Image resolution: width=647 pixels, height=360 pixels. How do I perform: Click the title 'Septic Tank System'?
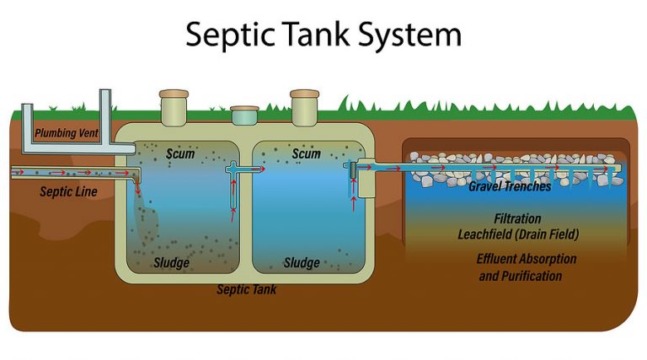(323, 35)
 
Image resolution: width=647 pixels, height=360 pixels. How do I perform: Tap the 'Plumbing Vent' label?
(67, 133)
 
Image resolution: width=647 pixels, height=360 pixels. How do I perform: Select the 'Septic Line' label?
(68, 192)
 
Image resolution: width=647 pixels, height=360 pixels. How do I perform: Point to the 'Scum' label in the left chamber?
(180, 154)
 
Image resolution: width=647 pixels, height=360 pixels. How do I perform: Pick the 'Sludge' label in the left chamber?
(171, 263)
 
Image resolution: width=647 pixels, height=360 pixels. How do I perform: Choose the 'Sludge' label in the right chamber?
(302, 263)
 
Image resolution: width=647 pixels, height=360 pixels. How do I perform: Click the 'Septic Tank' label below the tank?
(247, 290)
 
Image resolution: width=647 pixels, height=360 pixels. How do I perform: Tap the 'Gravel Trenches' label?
(510, 186)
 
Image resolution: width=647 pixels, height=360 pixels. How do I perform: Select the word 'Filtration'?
(517, 218)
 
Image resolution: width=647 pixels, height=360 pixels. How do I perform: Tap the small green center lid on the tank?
(243, 110)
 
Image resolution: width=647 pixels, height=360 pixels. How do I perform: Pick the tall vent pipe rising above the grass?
(107, 114)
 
